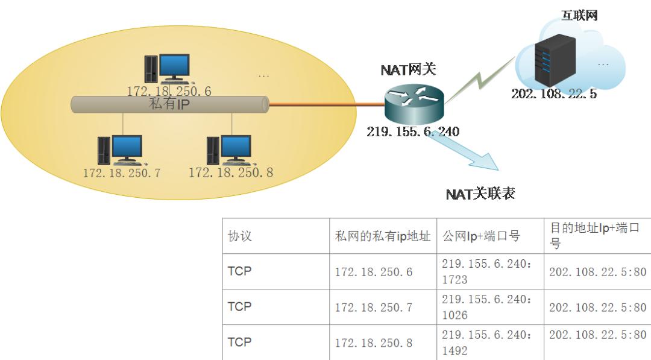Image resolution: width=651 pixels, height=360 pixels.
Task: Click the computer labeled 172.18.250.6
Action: [x=168, y=68]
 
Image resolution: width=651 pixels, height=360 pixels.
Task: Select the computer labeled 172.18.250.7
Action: [x=121, y=150]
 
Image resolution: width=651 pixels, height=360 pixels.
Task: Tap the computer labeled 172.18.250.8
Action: [x=229, y=150]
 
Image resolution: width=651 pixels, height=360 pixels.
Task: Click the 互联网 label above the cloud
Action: [x=579, y=16]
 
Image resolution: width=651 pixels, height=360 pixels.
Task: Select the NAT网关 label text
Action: [x=408, y=70]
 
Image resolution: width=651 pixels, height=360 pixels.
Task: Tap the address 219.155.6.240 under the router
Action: [x=413, y=131]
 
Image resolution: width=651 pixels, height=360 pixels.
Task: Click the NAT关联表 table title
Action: [x=480, y=194]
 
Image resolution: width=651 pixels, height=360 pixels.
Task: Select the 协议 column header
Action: [x=240, y=236]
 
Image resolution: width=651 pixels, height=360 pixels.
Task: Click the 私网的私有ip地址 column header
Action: [x=383, y=236]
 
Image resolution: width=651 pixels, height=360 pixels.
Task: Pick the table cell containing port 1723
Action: [x=489, y=271]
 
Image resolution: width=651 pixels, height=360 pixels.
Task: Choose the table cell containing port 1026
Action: [x=489, y=307]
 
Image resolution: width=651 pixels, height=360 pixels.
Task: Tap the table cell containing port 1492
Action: [x=489, y=343]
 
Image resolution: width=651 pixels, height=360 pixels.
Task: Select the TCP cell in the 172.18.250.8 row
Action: [x=239, y=342]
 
